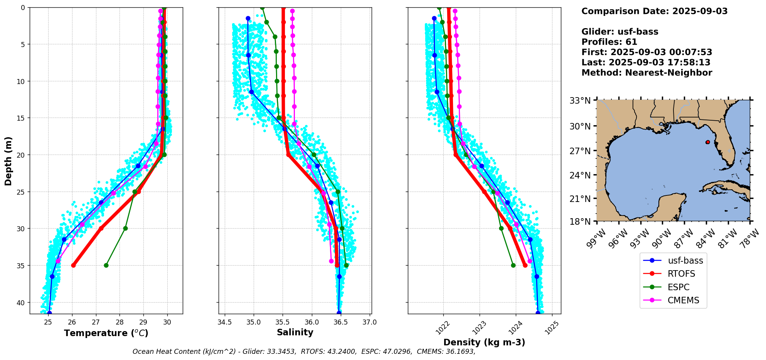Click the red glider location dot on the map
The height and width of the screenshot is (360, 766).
click(707, 142)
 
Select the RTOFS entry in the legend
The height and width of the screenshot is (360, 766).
click(681, 274)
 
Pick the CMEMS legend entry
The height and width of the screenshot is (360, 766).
click(683, 301)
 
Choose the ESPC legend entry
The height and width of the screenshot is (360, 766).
click(678, 287)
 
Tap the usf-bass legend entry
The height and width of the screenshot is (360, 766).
click(685, 261)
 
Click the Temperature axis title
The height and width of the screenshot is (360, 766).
click(106, 333)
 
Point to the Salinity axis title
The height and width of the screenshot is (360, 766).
click(295, 332)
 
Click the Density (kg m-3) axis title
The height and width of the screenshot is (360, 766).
click(484, 342)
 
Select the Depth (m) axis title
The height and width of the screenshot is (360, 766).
click(8, 161)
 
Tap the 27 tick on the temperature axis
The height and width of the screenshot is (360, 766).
click(96, 322)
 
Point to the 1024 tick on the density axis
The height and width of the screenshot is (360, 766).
click(515, 328)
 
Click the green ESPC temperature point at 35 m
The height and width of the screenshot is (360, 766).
click(106, 265)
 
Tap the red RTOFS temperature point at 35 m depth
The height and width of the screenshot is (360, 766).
click(73, 265)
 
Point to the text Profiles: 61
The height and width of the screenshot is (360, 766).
click(609, 42)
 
